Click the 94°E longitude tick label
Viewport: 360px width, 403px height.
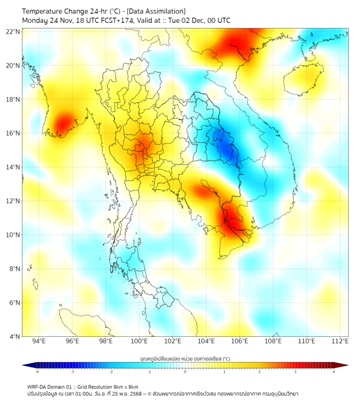(x=39, y=342)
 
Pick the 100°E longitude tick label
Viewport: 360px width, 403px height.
(x=140, y=342)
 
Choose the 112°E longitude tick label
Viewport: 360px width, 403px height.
(x=340, y=342)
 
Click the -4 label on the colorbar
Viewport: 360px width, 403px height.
(x=36, y=372)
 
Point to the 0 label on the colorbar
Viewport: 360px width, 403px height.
(x=185, y=372)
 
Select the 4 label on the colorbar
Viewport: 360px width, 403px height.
(x=334, y=372)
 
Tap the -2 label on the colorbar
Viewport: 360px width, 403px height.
(x=110, y=372)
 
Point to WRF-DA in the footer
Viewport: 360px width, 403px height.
(x=37, y=386)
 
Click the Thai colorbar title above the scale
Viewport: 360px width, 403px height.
(x=185, y=358)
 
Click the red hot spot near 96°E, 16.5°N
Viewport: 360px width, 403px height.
(x=63, y=123)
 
